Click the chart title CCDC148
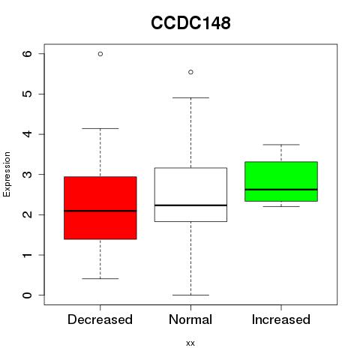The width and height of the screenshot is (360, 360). (x=190, y=23)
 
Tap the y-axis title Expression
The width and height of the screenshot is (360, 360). (x=7, y=174)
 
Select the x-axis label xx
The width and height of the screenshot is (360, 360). (x=190, y=343)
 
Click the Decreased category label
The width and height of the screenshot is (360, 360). (x=100, y=319)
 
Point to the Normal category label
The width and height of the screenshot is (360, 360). (x=190, y=319)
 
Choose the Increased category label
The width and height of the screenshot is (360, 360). (x=281, y=319)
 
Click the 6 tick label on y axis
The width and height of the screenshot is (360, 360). (x=27, y=54)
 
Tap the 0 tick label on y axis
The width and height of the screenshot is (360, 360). (x=27, y=295)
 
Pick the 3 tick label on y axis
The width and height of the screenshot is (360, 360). (x=27, y=175)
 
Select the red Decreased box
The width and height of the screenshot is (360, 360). (x=100, y=208)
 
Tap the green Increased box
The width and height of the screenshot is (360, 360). (x=281, y=181)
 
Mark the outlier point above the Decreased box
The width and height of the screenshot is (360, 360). (x=100, y=54)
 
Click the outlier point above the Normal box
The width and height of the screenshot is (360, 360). (x=190, y=72)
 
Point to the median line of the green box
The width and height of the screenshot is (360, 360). (x=281, y=190)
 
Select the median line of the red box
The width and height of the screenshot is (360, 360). (x=100, y=211)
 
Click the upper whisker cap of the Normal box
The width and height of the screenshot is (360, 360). (x=190, y=97)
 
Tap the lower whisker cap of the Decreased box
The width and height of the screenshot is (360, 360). (x=100, y=278)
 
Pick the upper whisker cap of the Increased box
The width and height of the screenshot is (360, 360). (x=281, y=145)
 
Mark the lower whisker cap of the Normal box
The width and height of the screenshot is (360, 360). (x=190, y=295)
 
